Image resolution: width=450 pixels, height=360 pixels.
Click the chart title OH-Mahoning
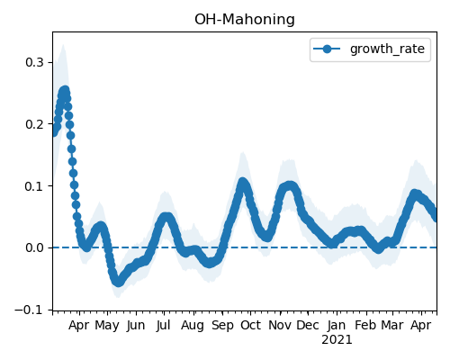coord(245,20)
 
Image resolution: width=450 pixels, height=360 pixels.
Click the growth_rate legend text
coord(387,49)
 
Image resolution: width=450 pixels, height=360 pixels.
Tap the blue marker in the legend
coord(327,49)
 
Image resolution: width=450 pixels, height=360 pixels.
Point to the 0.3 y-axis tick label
coord(35,62)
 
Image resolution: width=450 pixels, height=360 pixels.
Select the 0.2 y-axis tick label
coord(35,124)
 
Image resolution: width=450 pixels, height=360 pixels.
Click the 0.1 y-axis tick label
coord(35,186)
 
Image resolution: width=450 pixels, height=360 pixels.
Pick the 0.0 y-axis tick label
coord(35,247)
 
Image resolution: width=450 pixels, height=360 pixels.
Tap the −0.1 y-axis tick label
coord(30,310)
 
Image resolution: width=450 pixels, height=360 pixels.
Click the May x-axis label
coord(107,325)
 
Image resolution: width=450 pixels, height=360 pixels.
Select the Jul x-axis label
coord(164,325)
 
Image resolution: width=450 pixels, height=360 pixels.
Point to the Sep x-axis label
coord(222,325)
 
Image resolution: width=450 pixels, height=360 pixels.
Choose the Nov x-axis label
coord(280,325)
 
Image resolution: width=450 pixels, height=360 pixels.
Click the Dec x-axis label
coord(308,325)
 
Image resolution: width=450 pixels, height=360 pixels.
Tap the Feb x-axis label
coord(365,325)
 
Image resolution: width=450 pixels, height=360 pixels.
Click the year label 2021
coord(337,340)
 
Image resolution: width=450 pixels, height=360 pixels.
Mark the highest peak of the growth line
coord(65,91)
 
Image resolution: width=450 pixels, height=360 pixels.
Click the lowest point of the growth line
coord(118,282)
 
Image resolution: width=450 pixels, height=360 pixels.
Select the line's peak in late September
coord(242,182)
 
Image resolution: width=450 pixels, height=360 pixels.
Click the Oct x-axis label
coord(250,325)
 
